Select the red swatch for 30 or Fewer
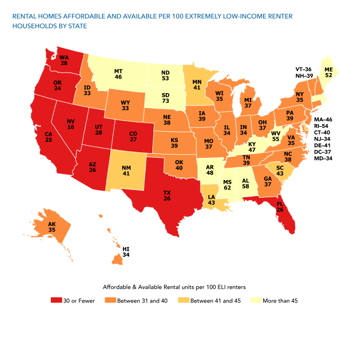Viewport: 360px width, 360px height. (x=55, y=300)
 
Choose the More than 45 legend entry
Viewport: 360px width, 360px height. (x=280, y=300)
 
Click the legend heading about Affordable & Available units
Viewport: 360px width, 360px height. (x=174, y=287)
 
